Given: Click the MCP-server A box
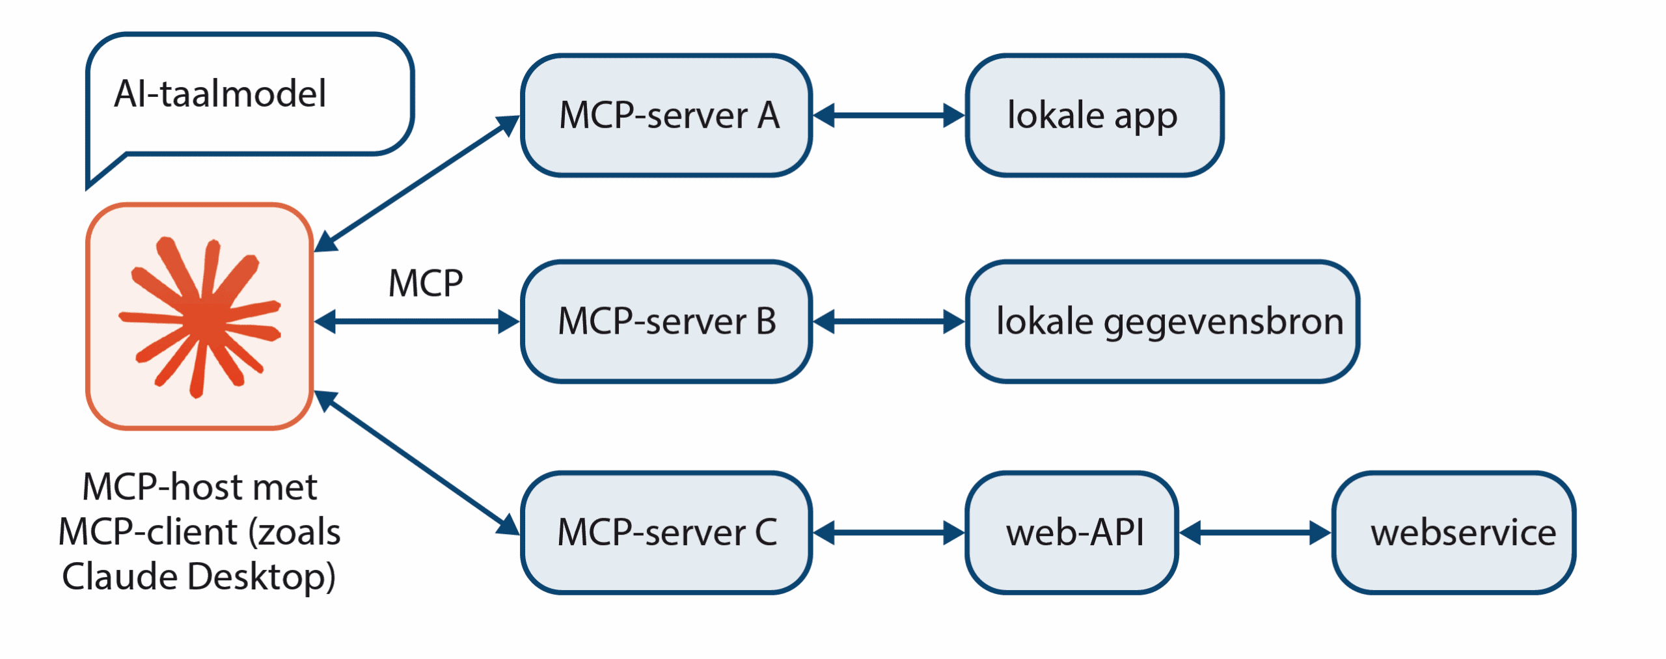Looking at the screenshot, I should tap(666, 116).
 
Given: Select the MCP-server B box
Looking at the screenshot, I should tap(666, 321).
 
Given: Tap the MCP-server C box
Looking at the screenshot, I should tap(666, 532).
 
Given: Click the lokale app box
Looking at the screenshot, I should tap(1093, 116).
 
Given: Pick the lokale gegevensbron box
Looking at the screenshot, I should tap(1162, 321).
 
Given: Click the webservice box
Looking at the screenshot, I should tap(1453, 532).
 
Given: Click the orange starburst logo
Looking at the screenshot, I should tap(200, 317).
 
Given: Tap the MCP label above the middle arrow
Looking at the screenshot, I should tap(426, 284).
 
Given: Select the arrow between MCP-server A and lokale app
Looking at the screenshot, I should tap(888, 116).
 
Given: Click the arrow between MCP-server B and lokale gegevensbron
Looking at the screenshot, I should tap(888, 321).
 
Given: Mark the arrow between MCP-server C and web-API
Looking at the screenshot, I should tap(888, 533).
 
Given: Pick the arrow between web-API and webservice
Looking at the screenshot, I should tap(1255, 533).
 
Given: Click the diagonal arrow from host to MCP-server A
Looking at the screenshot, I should tap(416, 183).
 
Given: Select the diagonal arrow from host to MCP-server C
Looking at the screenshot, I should tap(416, 463).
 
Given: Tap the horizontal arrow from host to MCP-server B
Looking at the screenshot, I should tap(416, 321).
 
